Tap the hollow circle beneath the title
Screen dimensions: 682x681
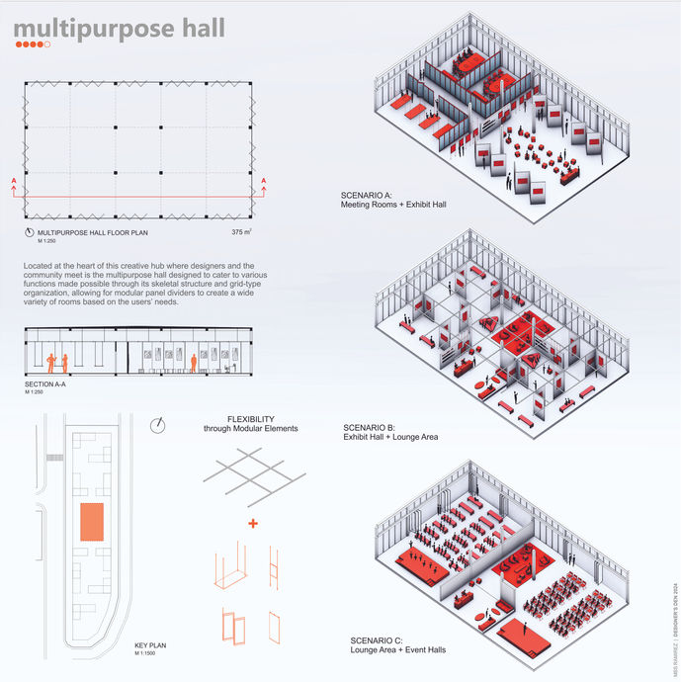pos(48,44)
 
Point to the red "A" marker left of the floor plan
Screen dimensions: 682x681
pos(13,180)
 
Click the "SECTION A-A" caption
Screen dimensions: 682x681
pos(47,384)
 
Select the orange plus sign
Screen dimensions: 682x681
pos(253,522)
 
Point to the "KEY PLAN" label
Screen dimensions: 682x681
pos(150,645)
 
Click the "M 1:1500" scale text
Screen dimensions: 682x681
pos(145,653)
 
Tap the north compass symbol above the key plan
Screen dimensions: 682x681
pos(158,426)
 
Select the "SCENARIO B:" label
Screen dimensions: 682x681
pos(367,427)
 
